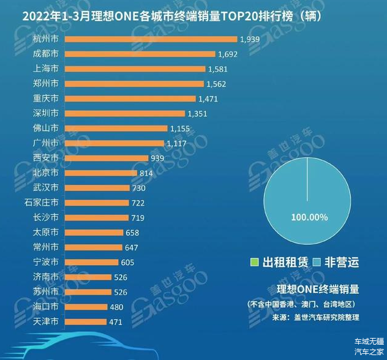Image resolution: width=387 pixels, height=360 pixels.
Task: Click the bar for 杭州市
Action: pos(151,39)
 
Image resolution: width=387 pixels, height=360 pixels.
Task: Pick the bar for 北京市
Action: pos(101,173)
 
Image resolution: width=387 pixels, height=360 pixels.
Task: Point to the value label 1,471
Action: pos(208,99)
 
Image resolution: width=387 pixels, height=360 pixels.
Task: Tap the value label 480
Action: pos(116,307)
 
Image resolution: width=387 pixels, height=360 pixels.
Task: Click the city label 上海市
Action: pos(46,69)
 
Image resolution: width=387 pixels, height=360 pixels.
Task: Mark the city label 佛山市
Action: pos(46,128)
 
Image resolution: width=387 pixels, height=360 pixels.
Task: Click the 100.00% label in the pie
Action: pos(309,217)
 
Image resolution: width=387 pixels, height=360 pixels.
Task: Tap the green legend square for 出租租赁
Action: pos(255,263)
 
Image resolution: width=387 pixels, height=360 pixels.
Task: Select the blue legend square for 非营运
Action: pos(317,263)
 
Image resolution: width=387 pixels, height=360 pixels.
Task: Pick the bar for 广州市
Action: pos(115,143)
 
